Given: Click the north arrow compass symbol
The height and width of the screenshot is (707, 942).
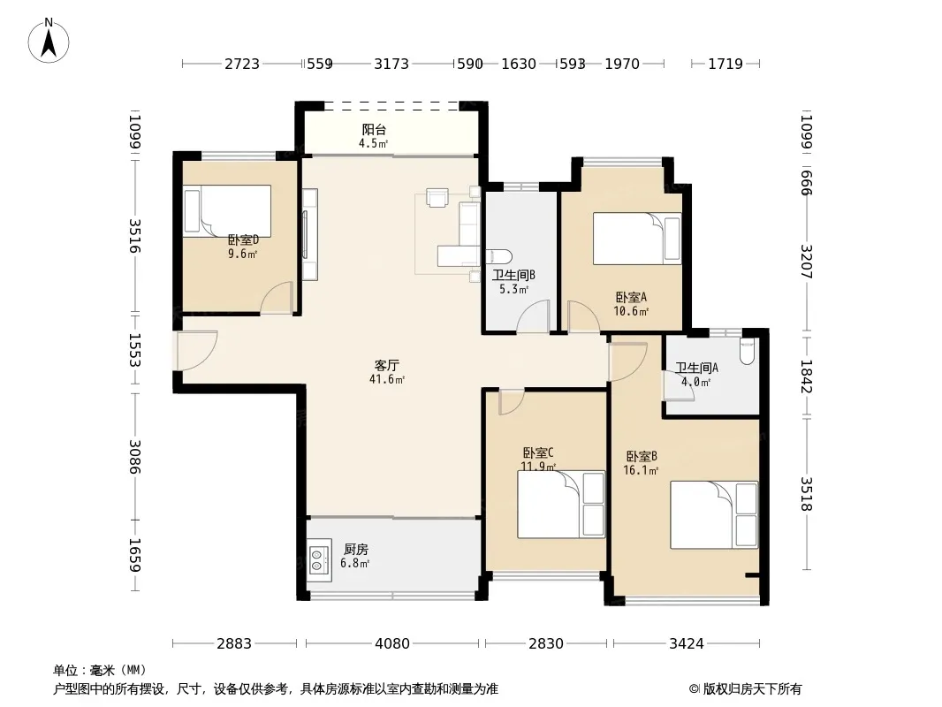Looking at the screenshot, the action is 49,41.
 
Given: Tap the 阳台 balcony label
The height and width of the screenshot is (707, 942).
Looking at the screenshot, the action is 374,129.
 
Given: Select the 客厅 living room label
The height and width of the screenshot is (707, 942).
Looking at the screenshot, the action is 387,365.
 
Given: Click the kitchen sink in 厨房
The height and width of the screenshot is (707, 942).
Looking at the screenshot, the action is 320,559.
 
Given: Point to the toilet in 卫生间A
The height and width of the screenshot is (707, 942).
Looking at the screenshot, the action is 747,352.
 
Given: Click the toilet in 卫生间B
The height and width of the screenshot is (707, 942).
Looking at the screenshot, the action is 498,256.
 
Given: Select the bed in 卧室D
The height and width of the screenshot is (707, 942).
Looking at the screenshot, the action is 227,211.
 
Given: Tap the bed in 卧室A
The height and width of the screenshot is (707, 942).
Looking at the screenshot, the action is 637,239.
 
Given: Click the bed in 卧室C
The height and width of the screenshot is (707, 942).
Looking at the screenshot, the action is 560,504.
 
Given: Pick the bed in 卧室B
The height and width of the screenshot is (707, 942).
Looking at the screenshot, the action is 714,514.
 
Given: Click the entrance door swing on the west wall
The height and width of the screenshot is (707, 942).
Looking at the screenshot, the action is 197,351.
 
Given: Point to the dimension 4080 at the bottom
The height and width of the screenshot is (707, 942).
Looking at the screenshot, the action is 392,644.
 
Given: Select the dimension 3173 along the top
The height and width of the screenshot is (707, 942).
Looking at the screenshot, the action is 391,64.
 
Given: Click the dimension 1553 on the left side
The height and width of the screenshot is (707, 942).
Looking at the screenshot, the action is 134,351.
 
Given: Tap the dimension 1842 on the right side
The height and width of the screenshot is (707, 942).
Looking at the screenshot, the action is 806,376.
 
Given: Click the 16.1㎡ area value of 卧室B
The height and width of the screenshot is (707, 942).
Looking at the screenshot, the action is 641,470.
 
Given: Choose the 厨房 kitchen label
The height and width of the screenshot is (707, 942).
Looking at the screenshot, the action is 355,549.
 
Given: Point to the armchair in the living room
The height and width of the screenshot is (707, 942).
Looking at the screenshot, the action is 437,197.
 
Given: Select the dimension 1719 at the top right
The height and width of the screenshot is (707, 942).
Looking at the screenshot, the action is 725,64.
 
